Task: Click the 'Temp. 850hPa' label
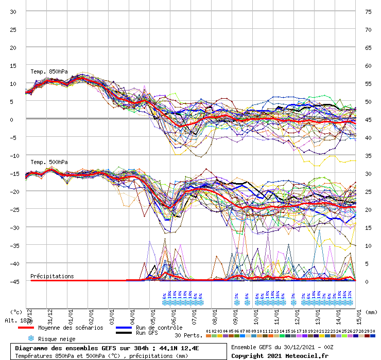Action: pyautogui.click(x=49, y=71)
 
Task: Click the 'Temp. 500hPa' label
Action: pyautogui.click(x=49, y=162)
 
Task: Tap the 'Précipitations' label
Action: pyautogui.click(x=52, y=276)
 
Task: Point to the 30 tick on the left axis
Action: pyautogui.click(x=13, y=11)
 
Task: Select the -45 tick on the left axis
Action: pyautogui.click(x=12, y=281)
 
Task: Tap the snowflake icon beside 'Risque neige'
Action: pyautogui.click(x=31, y=338)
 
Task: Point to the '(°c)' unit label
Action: pyautogui.click(x=16, y=312)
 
